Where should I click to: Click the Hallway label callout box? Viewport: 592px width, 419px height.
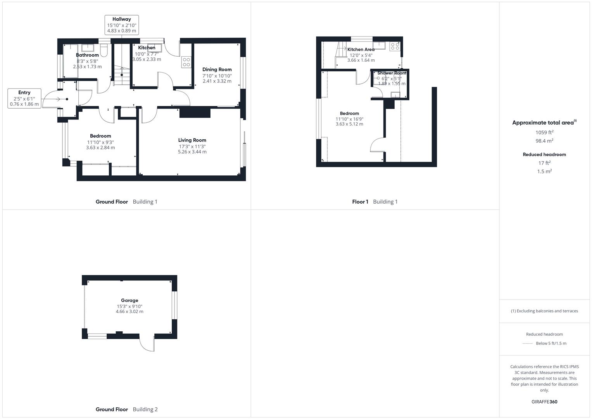coord(122,25)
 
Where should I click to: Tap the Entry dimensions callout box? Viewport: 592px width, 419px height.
coord(24,98)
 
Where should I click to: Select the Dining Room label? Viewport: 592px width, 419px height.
coord(217,69)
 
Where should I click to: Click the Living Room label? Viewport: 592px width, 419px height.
coord(192,140)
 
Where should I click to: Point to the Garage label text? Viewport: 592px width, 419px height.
coord(129,300)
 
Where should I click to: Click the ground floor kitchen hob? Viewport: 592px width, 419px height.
coord(186,62)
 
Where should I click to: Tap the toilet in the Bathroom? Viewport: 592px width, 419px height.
coord(104,50)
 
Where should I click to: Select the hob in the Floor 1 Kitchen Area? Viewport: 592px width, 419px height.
coord(395,46)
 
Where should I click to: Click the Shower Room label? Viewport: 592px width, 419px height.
coord(392,73)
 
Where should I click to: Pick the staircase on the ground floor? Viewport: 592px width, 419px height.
coord(122,66)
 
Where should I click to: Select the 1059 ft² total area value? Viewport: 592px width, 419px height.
coord(544,132)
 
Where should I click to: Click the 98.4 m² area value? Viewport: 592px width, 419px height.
coord(544,141)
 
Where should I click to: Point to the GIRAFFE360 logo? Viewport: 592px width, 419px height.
coord(544,402)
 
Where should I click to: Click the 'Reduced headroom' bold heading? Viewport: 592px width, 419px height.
coord(544,154)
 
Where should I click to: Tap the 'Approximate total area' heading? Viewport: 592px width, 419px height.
coord(544,123)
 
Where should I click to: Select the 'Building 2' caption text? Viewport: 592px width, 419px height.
coord(145,409)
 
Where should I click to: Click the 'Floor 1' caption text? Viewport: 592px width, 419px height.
coord(360,202)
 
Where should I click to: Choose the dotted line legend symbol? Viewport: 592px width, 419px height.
coord(527,343)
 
